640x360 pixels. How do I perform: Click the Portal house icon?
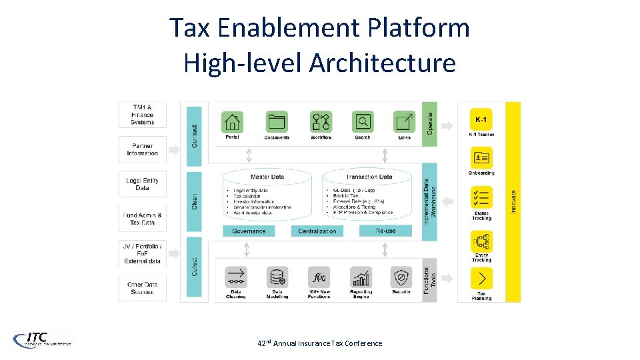pos(233,122)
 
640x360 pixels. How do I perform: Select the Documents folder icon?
pos(276,122)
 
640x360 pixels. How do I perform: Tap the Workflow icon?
pos(320,122)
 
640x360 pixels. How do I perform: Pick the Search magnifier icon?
pos(363,122)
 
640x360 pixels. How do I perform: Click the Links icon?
pos(404,122)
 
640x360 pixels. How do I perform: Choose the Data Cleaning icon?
pos(235,277)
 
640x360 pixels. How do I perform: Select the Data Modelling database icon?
pos(277,277)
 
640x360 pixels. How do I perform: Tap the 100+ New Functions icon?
pos(319,277)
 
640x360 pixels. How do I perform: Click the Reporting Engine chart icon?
pos(361,277)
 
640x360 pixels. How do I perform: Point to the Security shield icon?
pos(401,277)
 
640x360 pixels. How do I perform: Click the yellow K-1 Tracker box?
pos(481,119)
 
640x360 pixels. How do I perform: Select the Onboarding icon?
pos(481,158)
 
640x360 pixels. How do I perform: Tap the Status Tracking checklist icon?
pos(481,199)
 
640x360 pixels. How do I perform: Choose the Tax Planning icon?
pos(481,278)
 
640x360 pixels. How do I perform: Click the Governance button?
pos(249,231)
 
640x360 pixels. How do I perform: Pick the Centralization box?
pos(317,231)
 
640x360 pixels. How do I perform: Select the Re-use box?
pos(385,231)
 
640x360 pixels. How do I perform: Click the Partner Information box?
pos(142,149)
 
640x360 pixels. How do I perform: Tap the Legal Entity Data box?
pos(142,184)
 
